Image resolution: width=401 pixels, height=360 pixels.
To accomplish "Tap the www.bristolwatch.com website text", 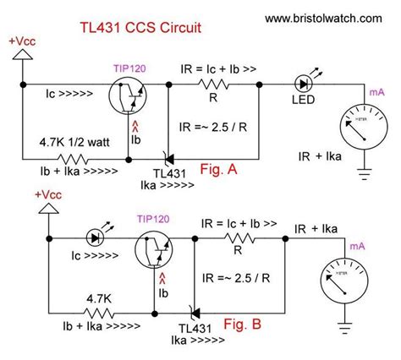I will click(322, 17).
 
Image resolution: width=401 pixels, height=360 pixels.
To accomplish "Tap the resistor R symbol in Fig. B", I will click(246, 239).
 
